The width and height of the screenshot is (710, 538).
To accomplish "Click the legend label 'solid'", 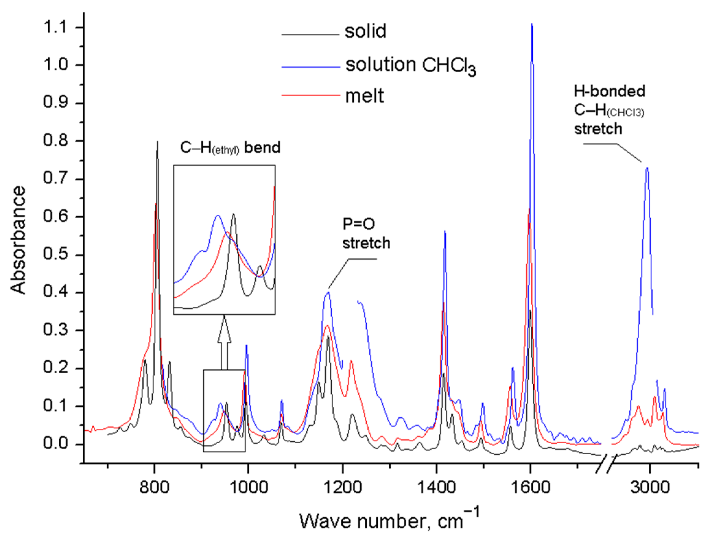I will tap(365, 31).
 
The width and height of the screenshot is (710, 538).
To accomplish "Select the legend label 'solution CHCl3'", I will tap(410, 66).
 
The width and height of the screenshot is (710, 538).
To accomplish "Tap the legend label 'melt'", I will tap(364, 96).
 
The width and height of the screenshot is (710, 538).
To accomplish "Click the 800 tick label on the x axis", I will tap(154, 487).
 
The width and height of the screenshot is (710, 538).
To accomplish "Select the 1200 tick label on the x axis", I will tap(342, 487).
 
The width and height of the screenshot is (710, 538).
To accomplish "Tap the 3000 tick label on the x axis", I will tap(650, 487).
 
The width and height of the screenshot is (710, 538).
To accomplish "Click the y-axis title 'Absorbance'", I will tap(18, 240).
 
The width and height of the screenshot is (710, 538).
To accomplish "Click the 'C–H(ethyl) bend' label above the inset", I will tap(230, 148).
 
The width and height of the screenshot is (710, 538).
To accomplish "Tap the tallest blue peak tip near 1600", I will tap(532, 24).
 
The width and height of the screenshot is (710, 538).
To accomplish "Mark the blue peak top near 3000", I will tap(647, 168).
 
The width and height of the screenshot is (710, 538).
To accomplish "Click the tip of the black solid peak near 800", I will tap(158, 142).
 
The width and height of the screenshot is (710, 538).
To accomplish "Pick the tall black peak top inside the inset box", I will tap(233, 214).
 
